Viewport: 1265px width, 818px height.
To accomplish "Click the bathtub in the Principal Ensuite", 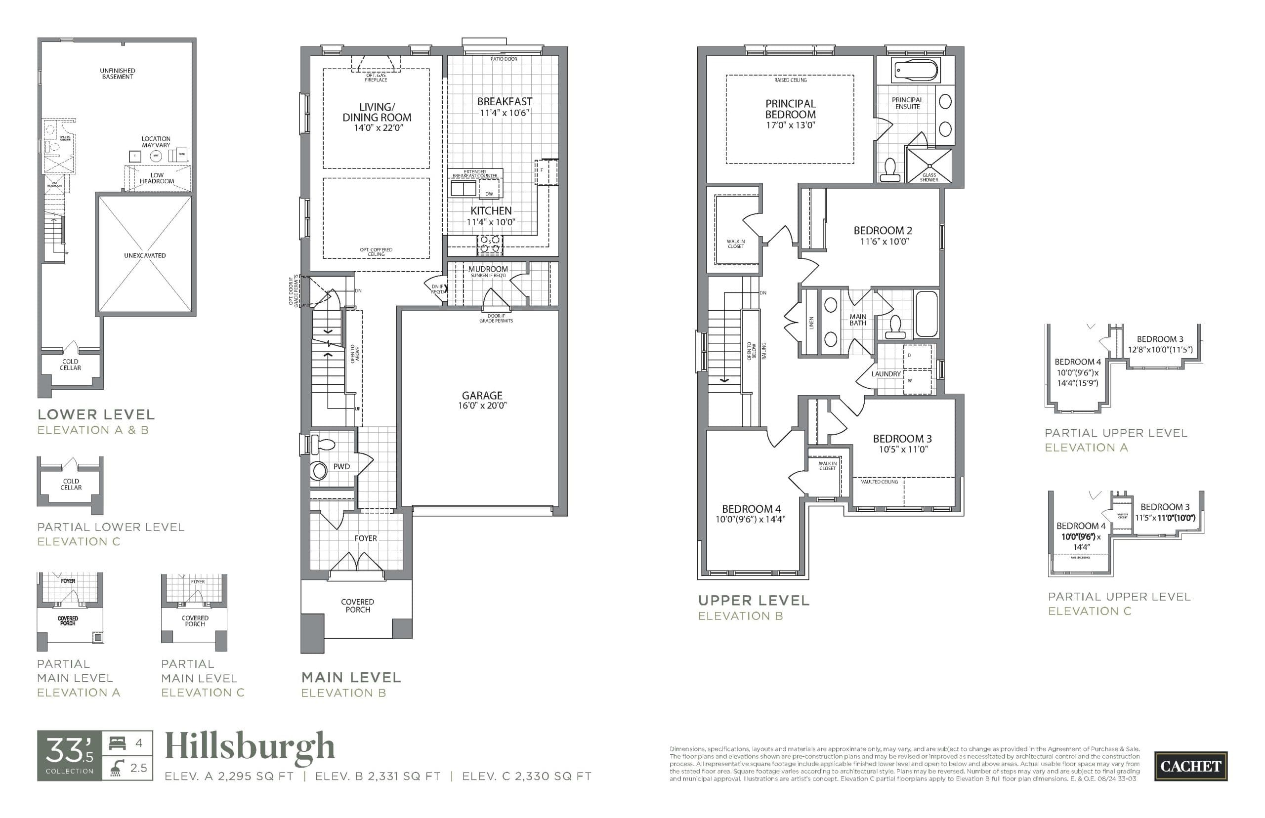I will [916, 70].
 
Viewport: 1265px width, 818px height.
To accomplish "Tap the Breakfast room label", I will [504, 101].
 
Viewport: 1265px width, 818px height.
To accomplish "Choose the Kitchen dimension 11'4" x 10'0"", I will [490, 222].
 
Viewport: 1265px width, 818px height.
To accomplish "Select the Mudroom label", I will [488, 269].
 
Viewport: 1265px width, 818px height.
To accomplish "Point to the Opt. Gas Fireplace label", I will [376, 78].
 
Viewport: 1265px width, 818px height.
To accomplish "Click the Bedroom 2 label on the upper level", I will [883, 231].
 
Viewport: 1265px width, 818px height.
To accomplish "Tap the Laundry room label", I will [885, 374].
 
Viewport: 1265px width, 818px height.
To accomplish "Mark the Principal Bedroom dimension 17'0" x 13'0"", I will [790, 125].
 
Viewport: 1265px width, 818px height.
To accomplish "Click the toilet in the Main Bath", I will [895, 327].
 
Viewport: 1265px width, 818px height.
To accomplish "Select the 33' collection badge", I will [69, 755].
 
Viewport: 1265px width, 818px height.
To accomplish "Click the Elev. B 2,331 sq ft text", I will [378, 776].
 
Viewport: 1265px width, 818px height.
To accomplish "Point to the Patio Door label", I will [504, 59].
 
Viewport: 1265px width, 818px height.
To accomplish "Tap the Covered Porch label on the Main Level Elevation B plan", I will [358, 606].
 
